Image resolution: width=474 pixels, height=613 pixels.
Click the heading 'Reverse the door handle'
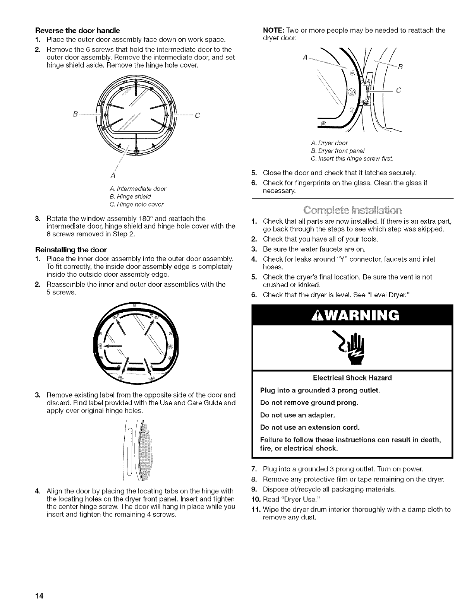coord(77,30)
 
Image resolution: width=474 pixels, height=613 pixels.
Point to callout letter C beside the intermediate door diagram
coord(197,115)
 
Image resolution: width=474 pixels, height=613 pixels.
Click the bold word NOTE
coord(273,30)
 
